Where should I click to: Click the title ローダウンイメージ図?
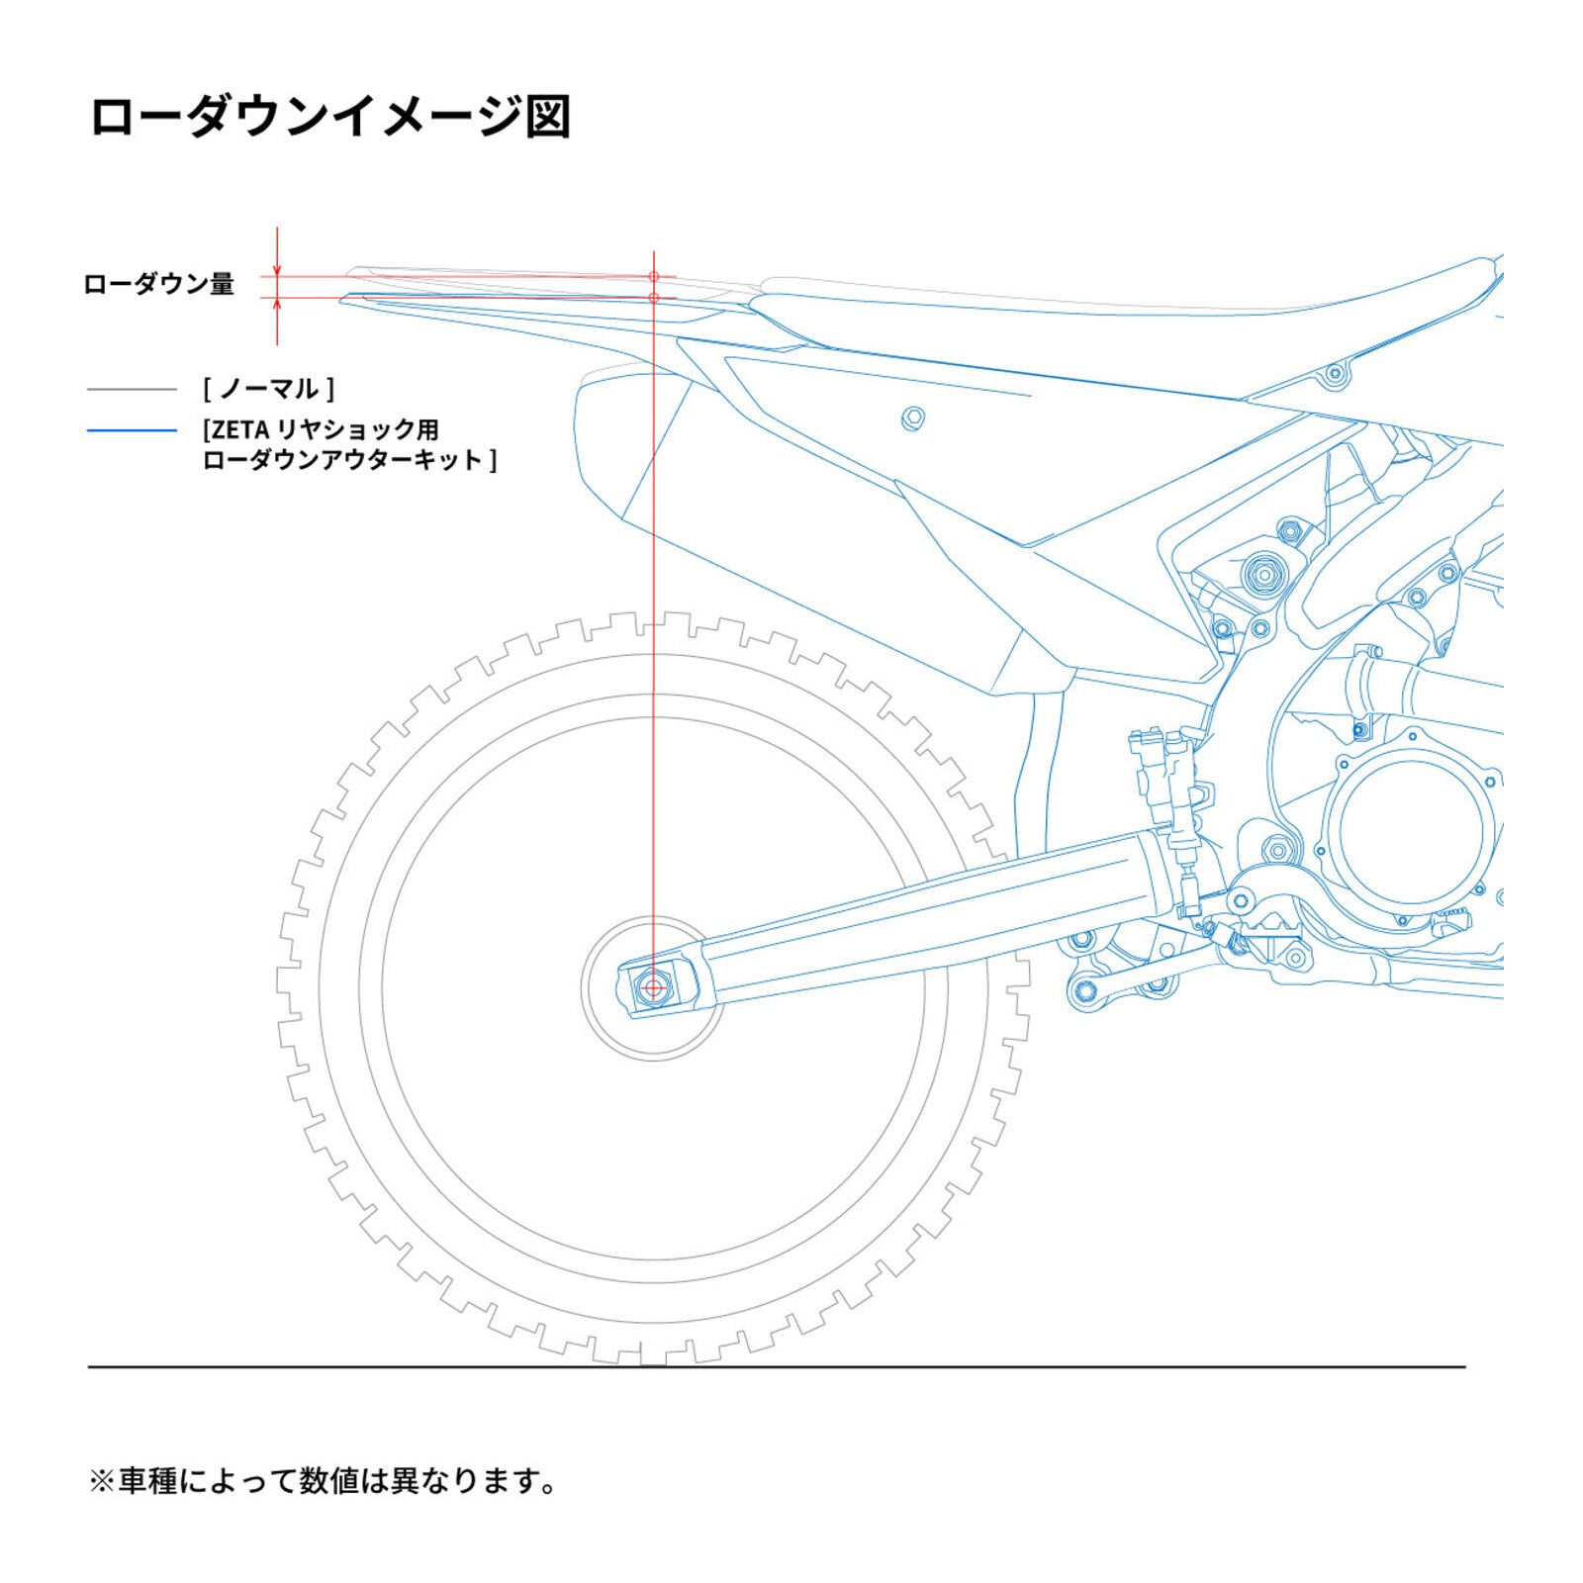coord(330,117)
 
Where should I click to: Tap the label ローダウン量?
coord(158,285)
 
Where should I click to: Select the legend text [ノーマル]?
coord(269,389)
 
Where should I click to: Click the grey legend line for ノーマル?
coord(132,390)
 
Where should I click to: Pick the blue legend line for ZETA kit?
coord(132,430)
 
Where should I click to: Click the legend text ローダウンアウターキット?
coord(348,460)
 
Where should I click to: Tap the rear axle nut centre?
coord(653,987)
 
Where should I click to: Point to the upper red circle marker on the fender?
coord(654,277)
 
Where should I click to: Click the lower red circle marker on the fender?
coord(654,298)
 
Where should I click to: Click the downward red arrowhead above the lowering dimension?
coord(277,270)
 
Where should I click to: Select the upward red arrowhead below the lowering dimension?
coord(277,305)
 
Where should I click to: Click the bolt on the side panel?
coord(913,418)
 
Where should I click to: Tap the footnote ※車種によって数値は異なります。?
coord(324,1481)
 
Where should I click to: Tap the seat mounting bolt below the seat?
coord(1335,374)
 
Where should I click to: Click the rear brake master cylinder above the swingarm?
coord(1167,782)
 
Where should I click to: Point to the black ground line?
coord(776,1367)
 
